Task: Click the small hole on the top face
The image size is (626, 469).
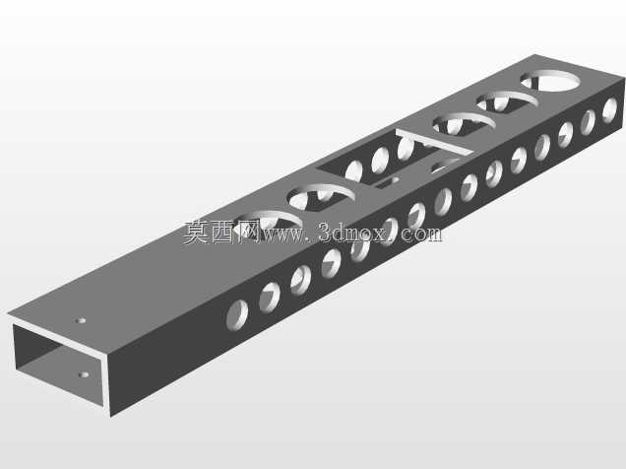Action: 81,320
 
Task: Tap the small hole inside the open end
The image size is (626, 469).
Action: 84,374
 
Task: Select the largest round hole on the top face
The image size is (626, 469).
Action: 550,81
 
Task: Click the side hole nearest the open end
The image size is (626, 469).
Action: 237,314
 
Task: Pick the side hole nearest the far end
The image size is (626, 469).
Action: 609,109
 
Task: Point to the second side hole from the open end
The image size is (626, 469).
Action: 270,297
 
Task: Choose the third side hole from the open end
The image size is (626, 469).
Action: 301,280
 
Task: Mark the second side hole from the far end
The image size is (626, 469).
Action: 588,122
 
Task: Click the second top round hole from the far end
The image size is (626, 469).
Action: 507,101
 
